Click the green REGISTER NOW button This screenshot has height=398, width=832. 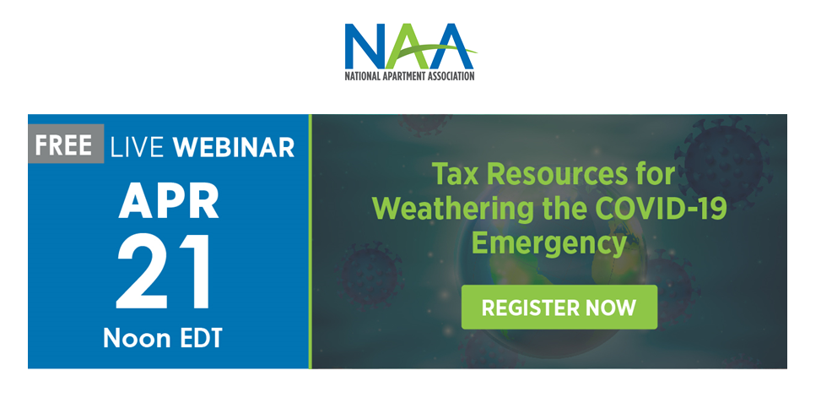click(x=559, y=307)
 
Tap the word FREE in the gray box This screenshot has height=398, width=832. click(x=63, y=145)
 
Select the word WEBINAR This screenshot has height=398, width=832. click(x=234, y=147)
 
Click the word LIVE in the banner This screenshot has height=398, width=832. click(x=138, y=147)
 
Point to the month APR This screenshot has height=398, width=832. click(x=168, y=202)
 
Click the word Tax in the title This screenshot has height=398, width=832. click(x=456, y=174)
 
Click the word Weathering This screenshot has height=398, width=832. click(x=452, y=209)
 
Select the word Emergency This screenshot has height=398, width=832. click(x=548, y=243)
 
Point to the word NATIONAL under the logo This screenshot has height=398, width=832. click(x=362, y=76)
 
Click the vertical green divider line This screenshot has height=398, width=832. click(x=311, y=241)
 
